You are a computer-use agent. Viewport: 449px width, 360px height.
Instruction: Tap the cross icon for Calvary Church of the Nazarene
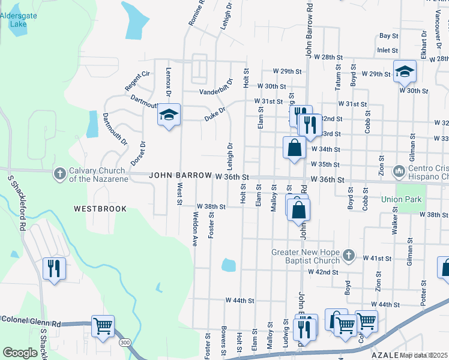[59, 173]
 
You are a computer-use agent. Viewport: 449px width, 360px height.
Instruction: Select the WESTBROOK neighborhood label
[100, 209]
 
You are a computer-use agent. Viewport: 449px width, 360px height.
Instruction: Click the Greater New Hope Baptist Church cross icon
[349, 256]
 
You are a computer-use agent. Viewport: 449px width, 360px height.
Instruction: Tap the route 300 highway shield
[124, 342]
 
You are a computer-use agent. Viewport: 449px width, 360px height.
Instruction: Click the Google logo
[20, 353]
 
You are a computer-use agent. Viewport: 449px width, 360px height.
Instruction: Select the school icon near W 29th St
[405, 71]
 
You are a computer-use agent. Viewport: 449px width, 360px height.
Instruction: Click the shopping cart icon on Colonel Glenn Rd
[103, 326]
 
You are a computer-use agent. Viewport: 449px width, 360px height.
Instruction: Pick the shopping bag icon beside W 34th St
[295, 148]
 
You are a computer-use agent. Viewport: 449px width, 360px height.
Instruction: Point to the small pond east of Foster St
[228, 265]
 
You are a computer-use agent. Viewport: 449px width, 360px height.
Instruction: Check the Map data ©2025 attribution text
[424, 355]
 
